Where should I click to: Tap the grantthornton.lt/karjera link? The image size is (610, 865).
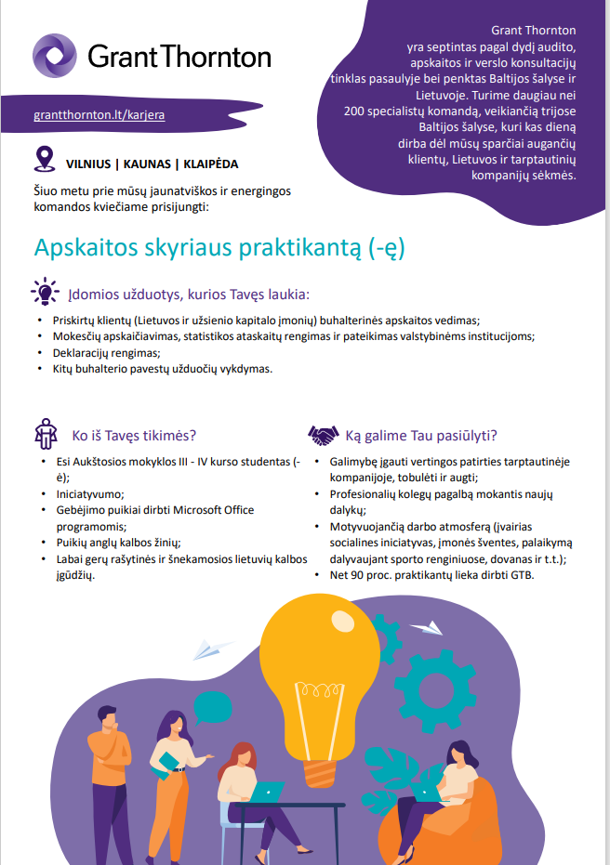(x=99, y=116)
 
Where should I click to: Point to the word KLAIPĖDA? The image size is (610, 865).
(x=211, y=164)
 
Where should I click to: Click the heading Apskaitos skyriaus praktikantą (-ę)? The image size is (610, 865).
(x=219, y=248)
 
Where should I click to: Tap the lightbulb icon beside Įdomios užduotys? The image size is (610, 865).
(x=44, y=292)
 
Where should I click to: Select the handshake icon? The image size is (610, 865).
(x=323, y=435)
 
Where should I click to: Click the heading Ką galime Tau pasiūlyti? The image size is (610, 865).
(x=421, y=435)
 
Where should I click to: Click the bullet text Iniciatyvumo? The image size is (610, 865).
(x=89, y=493)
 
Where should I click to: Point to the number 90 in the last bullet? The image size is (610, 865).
(x=360, y=575)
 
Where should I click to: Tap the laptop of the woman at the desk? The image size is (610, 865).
(x=267, y=792)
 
